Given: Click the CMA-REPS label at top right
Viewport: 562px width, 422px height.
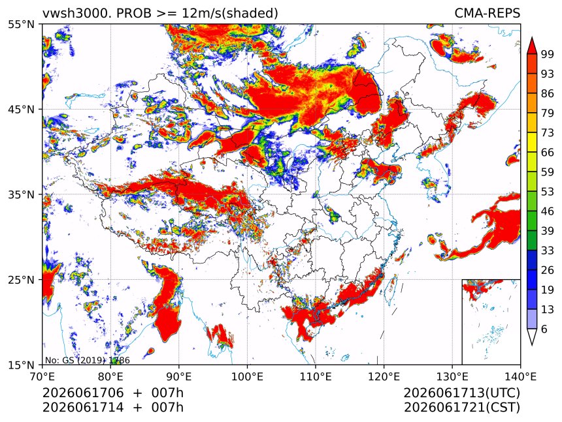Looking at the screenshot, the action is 487,13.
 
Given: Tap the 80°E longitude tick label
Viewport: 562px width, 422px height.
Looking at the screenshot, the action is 110,377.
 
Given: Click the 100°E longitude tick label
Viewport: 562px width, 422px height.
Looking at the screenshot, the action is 247,377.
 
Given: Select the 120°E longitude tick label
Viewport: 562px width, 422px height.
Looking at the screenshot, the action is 384,377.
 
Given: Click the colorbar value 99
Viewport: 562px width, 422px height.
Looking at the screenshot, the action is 548,54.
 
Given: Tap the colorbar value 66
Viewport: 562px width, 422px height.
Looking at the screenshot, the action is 548,153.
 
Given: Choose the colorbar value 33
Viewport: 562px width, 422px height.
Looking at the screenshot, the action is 548,250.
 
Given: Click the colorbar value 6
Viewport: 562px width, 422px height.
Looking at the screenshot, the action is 544,329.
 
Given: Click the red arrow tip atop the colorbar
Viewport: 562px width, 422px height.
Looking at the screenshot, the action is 532,37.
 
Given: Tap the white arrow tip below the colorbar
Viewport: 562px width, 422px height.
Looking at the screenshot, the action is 532,345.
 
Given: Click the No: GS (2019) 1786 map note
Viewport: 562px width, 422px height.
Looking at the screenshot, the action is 88,360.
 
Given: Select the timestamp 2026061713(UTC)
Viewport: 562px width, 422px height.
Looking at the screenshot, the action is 461,393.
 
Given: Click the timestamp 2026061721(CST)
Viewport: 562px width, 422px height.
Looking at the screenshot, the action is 461,408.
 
